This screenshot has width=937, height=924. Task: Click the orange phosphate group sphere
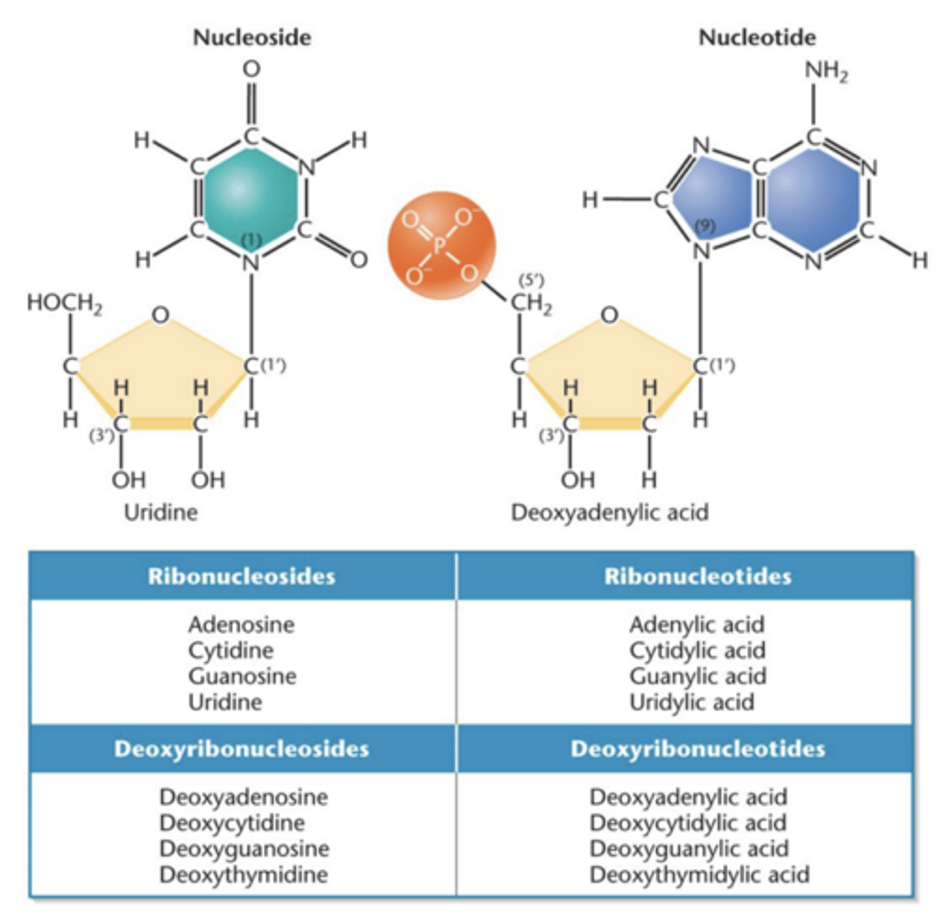pos(440,245)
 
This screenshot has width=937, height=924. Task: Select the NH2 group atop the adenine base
pos(826,72)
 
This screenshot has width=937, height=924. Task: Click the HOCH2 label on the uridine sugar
pos(65,303)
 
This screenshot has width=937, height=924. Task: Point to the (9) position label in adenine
pos(704,226)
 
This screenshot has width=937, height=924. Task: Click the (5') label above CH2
pos(531,280)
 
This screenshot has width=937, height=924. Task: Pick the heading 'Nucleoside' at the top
pos(252,37)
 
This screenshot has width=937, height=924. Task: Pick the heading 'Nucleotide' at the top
pos(757,37)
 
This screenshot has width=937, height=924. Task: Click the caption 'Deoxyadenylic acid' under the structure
pos(609,512)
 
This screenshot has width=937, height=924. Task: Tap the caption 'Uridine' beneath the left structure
pos(161,512)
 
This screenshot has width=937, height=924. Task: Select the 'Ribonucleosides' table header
pos(242,577)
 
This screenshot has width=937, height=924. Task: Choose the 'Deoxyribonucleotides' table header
pos(697,749)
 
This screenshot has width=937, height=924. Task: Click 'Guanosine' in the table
pos(242,676)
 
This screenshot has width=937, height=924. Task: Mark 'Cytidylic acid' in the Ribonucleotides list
pos(697,651)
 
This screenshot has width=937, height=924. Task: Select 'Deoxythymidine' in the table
pos(243,875)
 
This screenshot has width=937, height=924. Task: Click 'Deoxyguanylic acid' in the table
pos(688,849)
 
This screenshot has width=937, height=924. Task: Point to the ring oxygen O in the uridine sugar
pos(160,316)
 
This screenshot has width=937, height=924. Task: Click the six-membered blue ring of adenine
pos(812,199)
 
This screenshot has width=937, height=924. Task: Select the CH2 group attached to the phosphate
pos(531,303)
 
